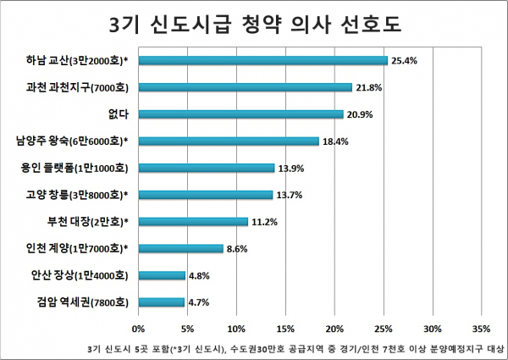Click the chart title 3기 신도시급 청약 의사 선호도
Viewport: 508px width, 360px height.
pyautogui.click(x=253, y=23)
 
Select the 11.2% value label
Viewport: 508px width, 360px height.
pyautogui.click(x=263, y=222)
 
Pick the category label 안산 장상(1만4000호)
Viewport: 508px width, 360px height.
pyautogui.click(x=79, y=275)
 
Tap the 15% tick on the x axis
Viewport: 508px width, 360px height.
pyautogui.click(x=286, y=327)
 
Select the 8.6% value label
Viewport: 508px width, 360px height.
pyautogui.click(x=237, y=249)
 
